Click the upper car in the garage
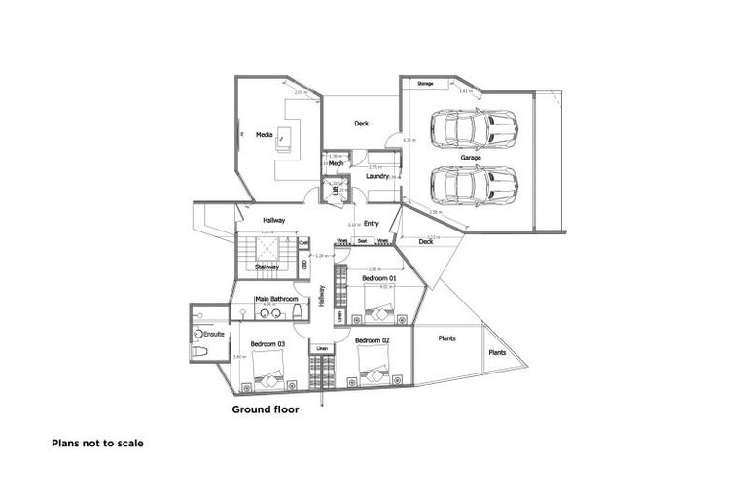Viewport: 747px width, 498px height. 474,126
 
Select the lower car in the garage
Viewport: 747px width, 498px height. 474,184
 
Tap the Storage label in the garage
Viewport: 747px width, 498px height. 425,85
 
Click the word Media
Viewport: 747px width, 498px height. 263,135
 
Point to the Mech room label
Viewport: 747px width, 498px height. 336,164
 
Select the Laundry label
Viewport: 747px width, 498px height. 377,176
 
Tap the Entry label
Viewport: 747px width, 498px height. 371,223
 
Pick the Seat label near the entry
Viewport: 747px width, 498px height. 362,240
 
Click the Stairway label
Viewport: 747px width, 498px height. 267,266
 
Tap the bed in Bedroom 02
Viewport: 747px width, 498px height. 373,373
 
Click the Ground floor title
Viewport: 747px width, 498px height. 265,409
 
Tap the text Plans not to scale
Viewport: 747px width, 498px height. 97,443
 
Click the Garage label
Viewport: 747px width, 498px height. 472,157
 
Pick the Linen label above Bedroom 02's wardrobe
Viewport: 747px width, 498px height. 322,348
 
